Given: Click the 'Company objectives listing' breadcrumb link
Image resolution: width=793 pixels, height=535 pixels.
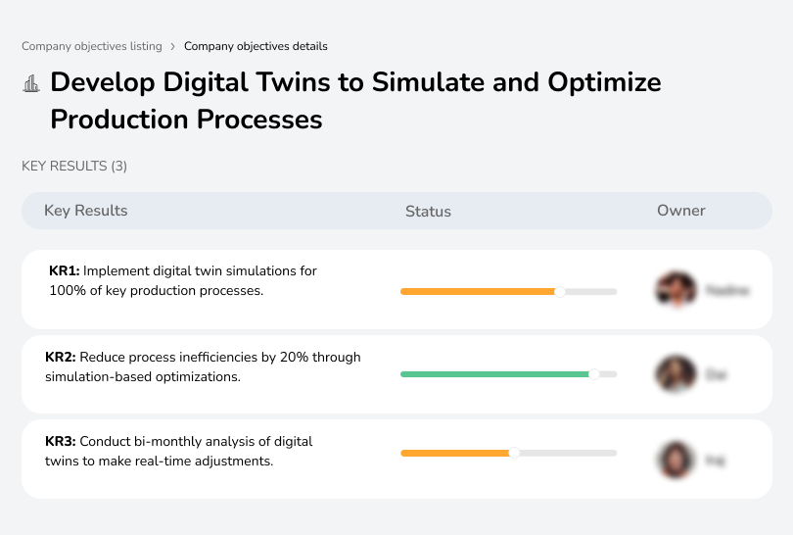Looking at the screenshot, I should pos(91,46).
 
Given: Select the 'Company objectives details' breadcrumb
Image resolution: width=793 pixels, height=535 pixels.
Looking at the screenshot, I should pos(256,46).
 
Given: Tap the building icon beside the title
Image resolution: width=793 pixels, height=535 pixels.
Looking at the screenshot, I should pos(31,83).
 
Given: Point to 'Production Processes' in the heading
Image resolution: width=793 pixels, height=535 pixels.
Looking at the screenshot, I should pos(186,120).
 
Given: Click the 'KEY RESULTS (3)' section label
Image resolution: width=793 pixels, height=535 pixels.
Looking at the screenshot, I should pos(74,167).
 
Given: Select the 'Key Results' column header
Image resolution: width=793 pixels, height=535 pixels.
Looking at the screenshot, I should pos(85,211).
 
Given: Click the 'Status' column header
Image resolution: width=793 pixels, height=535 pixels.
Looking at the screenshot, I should pos(428,211).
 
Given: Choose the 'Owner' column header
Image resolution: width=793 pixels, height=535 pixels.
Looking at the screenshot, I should pos(680,211).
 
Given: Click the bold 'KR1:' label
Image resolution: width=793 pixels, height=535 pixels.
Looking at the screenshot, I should pos(65,271).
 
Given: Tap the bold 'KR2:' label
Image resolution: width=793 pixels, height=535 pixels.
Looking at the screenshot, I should pos(61,358).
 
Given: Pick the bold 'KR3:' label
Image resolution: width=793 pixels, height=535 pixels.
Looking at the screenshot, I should pos(61,442).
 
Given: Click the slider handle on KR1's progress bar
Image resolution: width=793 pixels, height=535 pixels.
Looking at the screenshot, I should pos(560,291).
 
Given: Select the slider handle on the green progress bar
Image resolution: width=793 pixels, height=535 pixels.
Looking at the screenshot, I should pos(593,374).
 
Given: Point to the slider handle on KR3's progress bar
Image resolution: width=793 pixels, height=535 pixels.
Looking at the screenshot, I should pos(514,453).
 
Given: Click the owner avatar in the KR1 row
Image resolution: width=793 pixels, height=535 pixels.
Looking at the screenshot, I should pos(674,290).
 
